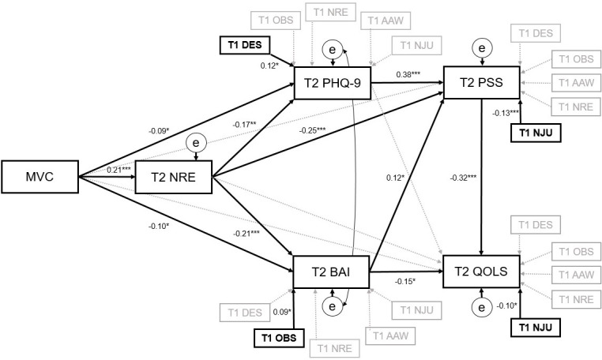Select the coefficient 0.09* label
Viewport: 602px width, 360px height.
(x=280, y=313)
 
